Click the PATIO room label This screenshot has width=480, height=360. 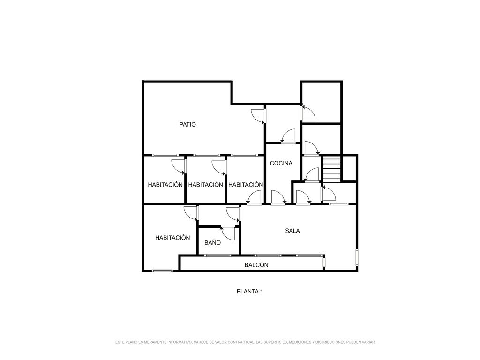tap(187, 125)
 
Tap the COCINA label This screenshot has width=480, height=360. tap(281, 164)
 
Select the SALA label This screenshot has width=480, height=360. tap(292, 231)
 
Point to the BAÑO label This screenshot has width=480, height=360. tap(212, 242)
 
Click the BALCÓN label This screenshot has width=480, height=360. tap(256, 265)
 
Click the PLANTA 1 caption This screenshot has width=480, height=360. tap(249, 292)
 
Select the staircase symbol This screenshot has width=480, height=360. tap(332, 169)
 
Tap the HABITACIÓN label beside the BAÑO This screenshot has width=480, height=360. tap(172, 238)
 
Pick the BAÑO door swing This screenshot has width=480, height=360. tap(228, 233)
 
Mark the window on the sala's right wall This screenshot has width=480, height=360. tap(357, 257)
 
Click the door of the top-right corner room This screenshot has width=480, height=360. tap(308, 112)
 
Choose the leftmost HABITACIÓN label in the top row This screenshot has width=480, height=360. tap(165, 185)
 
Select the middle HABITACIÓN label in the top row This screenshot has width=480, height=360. tap(205, 185)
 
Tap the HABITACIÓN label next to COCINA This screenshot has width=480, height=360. tap(246, 185)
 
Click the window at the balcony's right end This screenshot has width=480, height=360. tap(324, 262)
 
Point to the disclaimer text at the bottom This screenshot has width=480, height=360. tap(245, 342)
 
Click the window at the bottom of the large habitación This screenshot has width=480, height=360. tap(163, 270)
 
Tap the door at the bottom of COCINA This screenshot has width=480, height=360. tap(278, 197)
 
